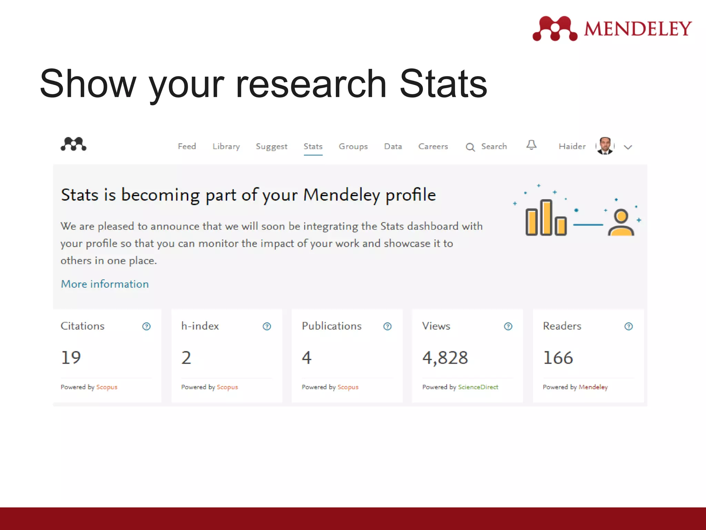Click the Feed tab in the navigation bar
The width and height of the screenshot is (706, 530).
(x=187, y=146)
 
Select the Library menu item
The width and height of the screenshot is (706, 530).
(x=226, y=146)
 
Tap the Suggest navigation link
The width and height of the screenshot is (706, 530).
(x=271, y=146)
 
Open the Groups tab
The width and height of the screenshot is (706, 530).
(x=353, y=146)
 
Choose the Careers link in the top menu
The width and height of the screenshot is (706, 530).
(x=433, y=146)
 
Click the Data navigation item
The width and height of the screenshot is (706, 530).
(x=393, y=146)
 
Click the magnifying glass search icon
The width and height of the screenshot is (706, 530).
(x=470, y=147)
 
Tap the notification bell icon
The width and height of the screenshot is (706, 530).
(x=531, y=145)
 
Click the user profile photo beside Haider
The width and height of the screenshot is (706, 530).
(x=605, y=146)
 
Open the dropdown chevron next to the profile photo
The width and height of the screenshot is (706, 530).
(x=628, y=147)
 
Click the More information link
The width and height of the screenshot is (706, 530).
(x=105, y=284)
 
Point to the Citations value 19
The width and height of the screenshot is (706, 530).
(x=71, y=357)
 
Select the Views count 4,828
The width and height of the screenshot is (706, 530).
(x=445, y=357)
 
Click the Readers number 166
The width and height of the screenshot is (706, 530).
(x=558, y=357)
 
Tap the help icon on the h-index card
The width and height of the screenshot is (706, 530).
(x=267, y=326)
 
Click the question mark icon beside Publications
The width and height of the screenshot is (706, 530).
(x=387, y=326)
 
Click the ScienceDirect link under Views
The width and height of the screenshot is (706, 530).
(x=478, y=387)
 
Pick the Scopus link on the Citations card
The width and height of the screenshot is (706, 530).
(x=107, y=387)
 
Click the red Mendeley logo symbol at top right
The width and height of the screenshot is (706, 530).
(x=555, y=28)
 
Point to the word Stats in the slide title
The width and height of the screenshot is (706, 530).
(x=443, y=84)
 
